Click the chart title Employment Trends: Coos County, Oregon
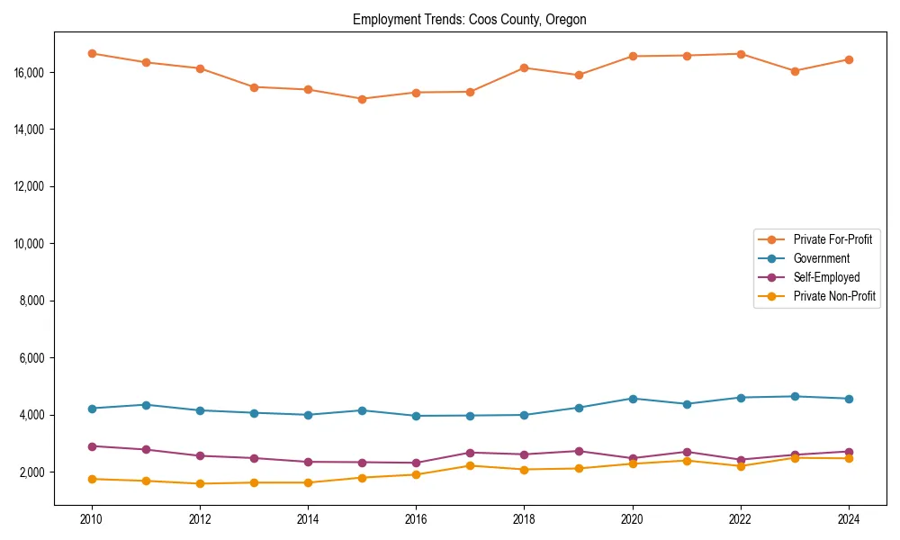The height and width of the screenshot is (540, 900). click(x=470, y=20)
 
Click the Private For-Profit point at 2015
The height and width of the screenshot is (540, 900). click(x=362, y=99)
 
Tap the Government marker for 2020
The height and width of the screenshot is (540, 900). click(x=632, y=399)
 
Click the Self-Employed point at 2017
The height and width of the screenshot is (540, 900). click(x=470, y=453)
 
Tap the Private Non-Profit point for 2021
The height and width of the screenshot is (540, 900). click(x=686, y=461)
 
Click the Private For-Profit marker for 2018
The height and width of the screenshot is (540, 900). click(x=524, y=67)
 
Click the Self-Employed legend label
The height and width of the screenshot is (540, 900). click(x=826, y=277)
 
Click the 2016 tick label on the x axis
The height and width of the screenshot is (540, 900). click(x=416, y=518)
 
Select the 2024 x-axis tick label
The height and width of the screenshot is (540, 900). click(x=848, y=518)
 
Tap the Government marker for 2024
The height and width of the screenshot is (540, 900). click(x=848, y=399)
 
